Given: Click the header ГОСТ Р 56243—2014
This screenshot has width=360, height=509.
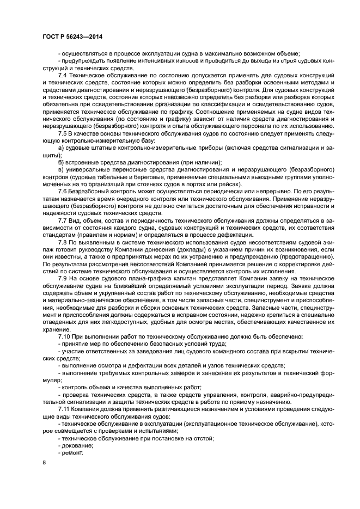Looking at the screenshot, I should coord(73,36).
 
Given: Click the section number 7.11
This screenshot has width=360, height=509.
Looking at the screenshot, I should coord(64,407).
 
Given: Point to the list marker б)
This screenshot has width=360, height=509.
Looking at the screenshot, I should coord(60,162).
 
